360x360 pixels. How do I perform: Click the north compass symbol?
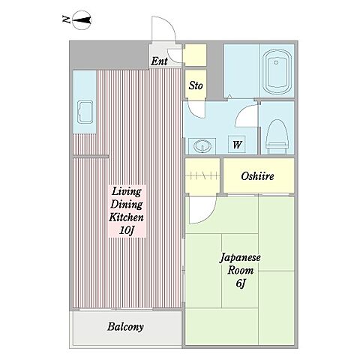(x=82, y=20)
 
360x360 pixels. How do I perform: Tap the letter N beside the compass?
(x=66, y=19)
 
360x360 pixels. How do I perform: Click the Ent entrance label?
(x=159, y=61)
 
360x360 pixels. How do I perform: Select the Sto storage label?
(x=196, y=85)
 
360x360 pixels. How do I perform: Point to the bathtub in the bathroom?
(x=277, y=72)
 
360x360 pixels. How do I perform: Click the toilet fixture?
(x=277, y=136)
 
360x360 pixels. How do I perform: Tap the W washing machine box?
(x=237, y=145)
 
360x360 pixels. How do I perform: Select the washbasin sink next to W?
(x=202, y=145)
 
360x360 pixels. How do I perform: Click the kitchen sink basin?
(x=85, y=112)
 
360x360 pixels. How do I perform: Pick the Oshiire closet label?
(x=257, y=176)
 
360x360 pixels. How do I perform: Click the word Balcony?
(x=125, y=327)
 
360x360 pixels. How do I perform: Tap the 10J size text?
(x=127, y=230)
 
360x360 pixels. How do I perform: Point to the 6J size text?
(x=240, y=283)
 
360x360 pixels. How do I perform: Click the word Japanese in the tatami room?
(x=240, y=258)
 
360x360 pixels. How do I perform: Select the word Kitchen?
(x=127, y=217)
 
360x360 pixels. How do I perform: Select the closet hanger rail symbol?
(x=202, y=175)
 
